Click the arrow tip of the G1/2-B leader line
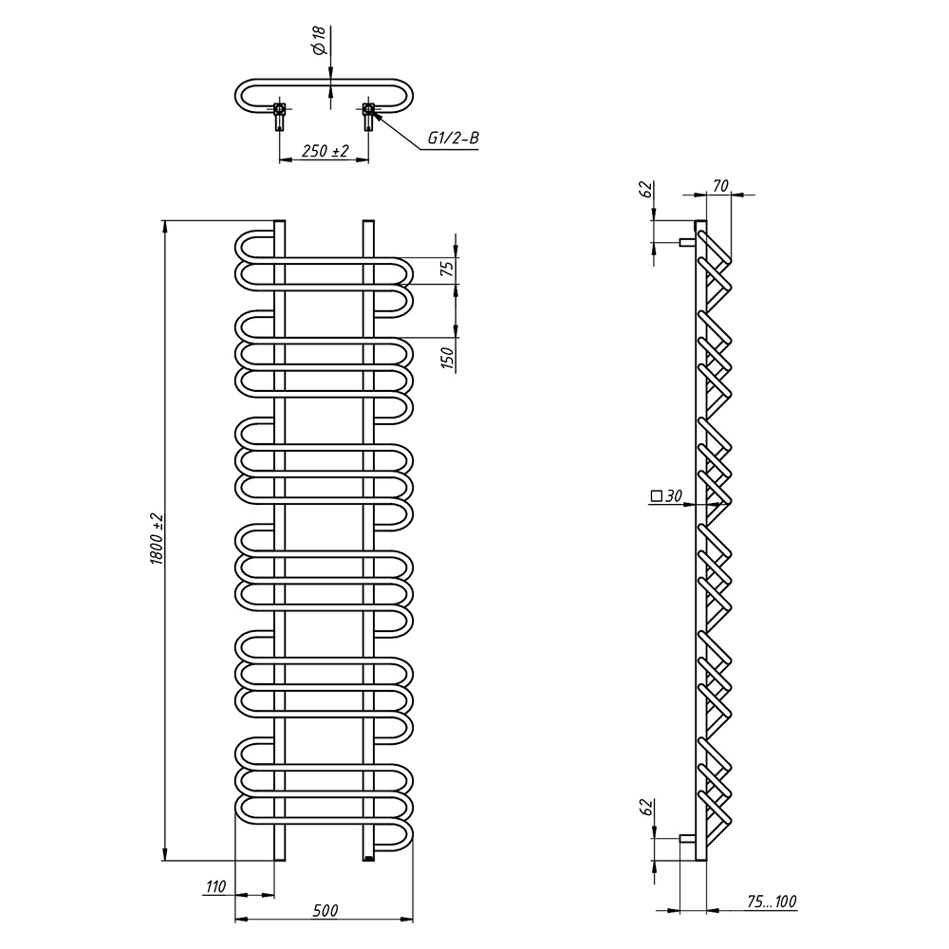pos(371,111)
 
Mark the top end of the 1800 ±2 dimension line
pos(164,220)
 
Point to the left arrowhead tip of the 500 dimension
pos(234,920)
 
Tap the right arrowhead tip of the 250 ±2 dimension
pos(368,159)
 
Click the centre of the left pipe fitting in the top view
pos(279,109)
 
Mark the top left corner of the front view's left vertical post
pos(273,220)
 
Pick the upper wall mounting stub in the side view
pos(687,243)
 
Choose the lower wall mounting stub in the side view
pos(687,838)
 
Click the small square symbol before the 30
pos(656,496)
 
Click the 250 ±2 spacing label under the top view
pos(326,151)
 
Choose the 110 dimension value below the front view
pos(215,886)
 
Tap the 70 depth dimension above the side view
pos(720,186)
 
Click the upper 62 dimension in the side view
pos(645,190)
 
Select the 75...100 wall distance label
pos(772,902)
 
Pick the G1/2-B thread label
pos(454,138)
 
